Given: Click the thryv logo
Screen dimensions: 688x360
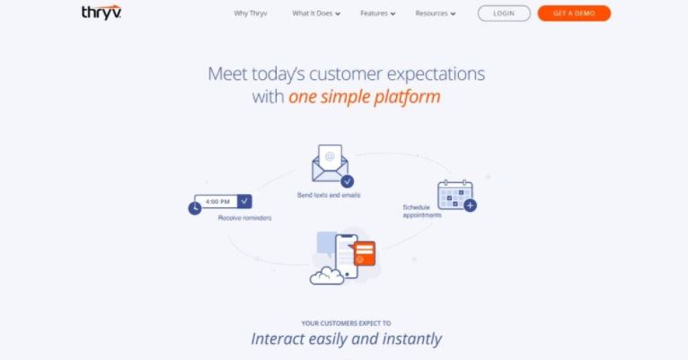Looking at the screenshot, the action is click(101, 13).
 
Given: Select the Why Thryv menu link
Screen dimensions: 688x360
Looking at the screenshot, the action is click(251, 13).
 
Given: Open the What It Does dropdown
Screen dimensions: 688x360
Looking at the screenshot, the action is click(316, 13).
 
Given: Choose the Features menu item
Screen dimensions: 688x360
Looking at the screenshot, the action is click(378, 13).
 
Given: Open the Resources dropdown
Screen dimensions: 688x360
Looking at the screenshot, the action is click(436, 13).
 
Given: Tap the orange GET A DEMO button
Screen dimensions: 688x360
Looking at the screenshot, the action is click(574, 13).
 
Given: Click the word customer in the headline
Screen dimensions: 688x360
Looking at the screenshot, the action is click(346, 74).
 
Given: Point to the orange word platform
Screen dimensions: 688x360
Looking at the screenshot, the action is click(407, 97).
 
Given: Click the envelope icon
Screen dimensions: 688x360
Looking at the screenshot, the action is click(330, 163).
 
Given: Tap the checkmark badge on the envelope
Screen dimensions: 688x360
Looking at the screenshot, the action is click(347, 180).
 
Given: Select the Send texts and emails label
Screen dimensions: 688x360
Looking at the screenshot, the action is click(329, 195).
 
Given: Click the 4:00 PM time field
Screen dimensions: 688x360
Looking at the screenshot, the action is click(223, 201).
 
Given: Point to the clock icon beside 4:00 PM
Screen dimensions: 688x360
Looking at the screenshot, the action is click(195, 208).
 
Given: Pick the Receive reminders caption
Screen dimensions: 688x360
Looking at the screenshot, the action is click(245, 218).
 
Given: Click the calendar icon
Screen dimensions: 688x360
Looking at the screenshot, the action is click(455, 195).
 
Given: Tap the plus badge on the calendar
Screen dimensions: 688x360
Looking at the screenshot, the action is click(470, 206).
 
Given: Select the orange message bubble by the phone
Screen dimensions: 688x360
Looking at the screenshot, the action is click(364, 253).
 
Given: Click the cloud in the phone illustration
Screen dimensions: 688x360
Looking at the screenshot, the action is click(327, 277).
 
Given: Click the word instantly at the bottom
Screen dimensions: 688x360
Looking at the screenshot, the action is click(412, 339).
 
